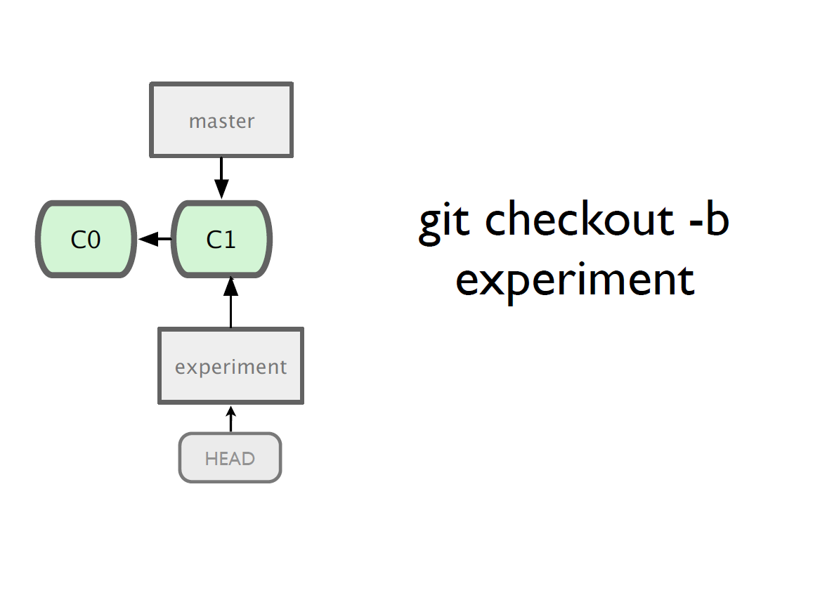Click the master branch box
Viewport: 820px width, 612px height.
[221, 119]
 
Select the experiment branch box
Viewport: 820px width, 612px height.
[230, 365]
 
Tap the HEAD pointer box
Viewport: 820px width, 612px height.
[230, 457]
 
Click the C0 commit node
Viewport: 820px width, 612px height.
[86, 239]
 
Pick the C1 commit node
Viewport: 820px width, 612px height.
[222, 239]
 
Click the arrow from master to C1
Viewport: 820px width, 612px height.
[221, 178]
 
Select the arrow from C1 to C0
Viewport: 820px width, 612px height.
[155, 239]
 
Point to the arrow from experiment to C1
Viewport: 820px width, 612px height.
[230, 302]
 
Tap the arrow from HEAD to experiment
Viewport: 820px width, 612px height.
[230, 419]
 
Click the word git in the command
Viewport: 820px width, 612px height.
[444, 221]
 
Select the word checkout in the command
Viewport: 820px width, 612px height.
[580, 219]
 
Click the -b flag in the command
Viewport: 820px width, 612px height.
[709, 219]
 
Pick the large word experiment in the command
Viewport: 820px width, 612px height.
[575, 282]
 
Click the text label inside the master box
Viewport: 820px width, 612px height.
[222, 122]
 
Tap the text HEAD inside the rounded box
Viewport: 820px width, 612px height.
[230, 459]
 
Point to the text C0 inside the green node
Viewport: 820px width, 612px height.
[86, 240]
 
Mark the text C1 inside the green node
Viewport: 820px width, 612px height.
[221, 240]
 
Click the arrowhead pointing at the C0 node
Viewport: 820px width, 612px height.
[148, 239]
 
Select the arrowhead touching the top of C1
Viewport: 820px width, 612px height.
[221, 189]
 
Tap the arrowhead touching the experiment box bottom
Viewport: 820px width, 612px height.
[230, 411]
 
